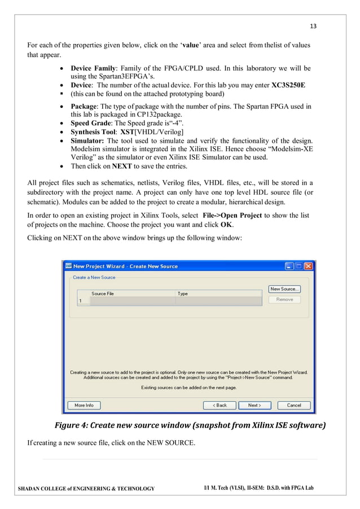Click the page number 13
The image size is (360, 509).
pyautogui.click(x=314, y=26)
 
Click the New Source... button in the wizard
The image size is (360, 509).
pyautogui.click(x=284, y=289)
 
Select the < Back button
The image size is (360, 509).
pyautogui.click(x=219, y=405)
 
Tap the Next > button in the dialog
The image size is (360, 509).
pyautogui.click(x=254, y=405)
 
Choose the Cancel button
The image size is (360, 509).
pyautogui.click(x=294, y=405)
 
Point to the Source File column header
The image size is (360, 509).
pyautogui.click(x=103, y=293)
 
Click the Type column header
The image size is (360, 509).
pyautogui.click(x=183, y=293)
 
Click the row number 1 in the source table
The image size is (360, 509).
pyautogui.click(x=80, y=301)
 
